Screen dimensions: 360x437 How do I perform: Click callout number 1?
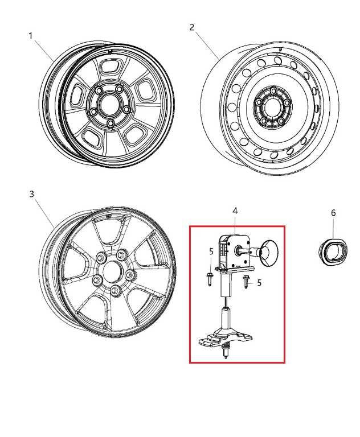click(x=30, y=36)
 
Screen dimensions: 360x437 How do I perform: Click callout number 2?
click(x=191, y=27)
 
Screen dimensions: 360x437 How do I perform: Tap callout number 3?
click(x=31, y=193)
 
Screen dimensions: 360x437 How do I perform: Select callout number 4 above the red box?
click(x=235, y=211)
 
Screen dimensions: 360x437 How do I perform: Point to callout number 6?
click(x=333, y=213)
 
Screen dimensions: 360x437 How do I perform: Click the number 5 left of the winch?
click(x=211, y=252)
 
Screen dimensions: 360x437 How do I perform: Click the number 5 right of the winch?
click(x=259, y=283)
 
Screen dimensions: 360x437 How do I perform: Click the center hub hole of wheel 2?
click(x=271, y=107)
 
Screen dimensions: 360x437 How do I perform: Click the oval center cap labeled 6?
click(x=333, y=252)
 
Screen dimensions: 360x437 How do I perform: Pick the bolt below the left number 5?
click(x=209, y=279)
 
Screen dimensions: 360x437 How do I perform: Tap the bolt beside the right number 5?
click(x=246, y=282)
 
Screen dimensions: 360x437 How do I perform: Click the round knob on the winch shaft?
click(x=269, y=252)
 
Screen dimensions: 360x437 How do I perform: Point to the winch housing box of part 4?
click(x=234, y=251)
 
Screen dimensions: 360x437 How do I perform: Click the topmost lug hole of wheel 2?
click(x=273, y=90)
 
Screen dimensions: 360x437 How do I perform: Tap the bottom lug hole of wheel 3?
click(x=114, y=290)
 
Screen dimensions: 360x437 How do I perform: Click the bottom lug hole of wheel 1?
click(x=111, y=123)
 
